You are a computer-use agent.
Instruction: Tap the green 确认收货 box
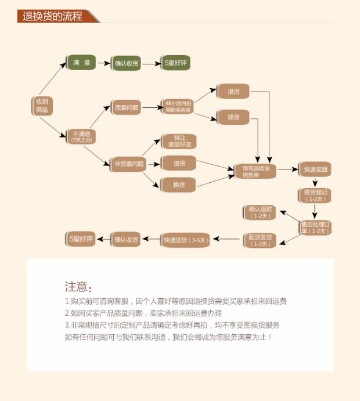coord(127,63)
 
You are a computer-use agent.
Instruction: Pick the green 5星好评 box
coord(176,63)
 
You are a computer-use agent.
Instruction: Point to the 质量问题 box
coord(127,107)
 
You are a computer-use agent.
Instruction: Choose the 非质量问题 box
coord(127,164)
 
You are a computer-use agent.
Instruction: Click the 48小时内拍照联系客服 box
coord(177,107)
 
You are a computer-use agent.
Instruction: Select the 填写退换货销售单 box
coord(256,171)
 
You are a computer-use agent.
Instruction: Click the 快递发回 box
coord(315,170)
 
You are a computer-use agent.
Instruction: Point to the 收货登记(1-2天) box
coord(315,195)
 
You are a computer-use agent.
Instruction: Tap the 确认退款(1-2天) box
coord(260,212)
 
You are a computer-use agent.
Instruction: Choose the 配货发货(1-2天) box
coord(260,240)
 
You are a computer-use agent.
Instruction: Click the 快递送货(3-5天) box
coord(186,239)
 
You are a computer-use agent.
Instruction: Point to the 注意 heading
coord(78,287)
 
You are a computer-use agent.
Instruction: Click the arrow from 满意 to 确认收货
coord(103,63)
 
